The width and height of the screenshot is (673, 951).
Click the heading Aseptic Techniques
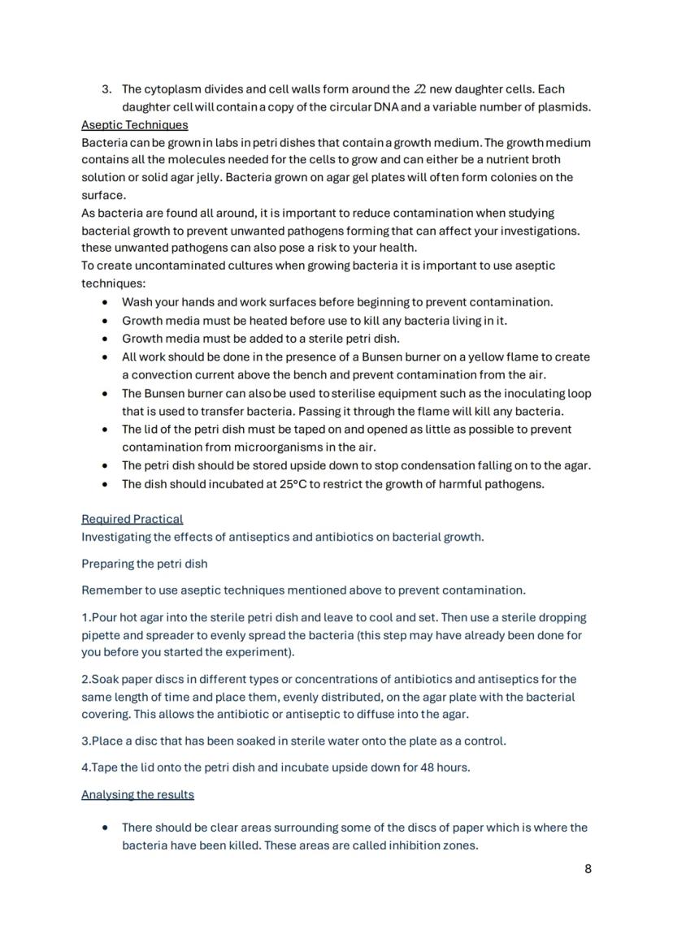click(134, 125)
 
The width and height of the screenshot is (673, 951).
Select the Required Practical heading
click(132, 519)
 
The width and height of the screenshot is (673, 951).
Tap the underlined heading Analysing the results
click(137, 794)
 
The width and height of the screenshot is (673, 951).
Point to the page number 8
click(588, 869)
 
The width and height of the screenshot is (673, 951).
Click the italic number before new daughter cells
click(420, 89)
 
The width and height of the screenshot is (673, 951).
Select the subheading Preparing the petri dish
click(144, 564)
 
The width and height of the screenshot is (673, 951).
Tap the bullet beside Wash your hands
click(105, 302)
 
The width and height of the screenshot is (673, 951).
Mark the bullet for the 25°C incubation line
click(105, 484)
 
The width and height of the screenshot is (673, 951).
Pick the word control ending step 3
click(484, 741)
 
